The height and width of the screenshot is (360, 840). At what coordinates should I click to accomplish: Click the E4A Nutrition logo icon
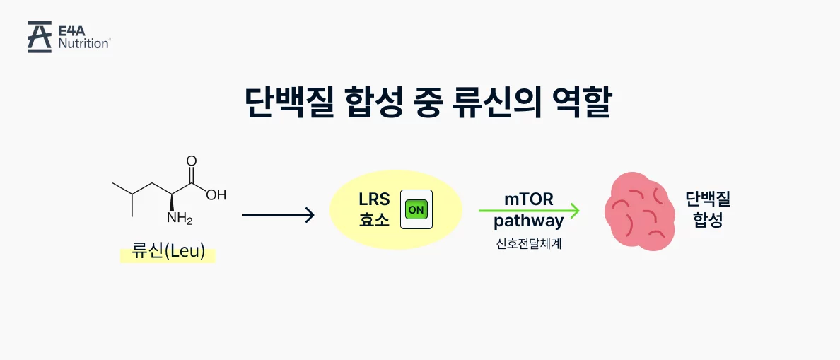(40, 37)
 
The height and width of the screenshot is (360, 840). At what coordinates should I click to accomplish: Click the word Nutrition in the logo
(84, 43)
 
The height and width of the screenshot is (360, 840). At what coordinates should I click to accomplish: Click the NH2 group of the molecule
(178, 218)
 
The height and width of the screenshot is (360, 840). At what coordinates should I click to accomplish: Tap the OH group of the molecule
(216, 195)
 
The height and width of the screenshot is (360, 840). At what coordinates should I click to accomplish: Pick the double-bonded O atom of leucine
(191, 161)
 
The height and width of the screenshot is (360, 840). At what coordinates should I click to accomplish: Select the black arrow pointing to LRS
(278, 214)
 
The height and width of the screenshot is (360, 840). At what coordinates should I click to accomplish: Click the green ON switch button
(416, 209)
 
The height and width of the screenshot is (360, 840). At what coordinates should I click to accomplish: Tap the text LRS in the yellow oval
(374, 199)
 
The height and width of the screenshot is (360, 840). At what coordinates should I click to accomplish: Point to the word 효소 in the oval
(374, 220)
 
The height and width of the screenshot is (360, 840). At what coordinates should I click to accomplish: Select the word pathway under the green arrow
(528, 221)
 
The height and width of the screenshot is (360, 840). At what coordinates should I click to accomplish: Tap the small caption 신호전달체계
(528, 245)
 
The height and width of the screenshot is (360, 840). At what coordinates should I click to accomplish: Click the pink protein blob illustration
(638, 211)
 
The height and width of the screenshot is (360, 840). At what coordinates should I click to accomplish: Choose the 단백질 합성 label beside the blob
(708, 209)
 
